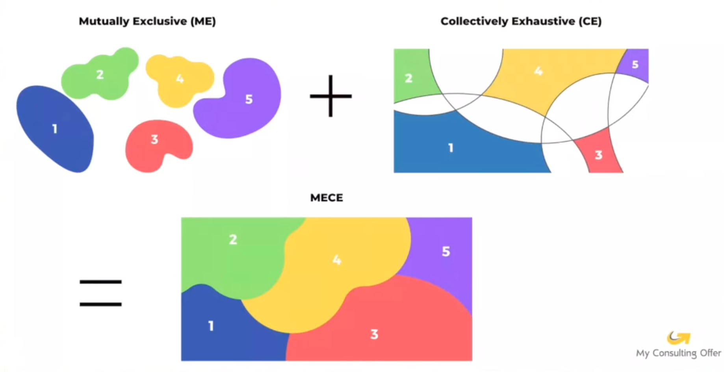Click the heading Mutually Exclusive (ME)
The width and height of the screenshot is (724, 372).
(147, 21)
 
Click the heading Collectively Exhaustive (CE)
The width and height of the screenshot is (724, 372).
(521, 21)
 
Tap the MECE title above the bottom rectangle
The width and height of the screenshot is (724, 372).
(326, 198)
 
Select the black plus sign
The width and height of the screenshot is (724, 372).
(330, 96)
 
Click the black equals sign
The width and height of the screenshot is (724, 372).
(100, 293)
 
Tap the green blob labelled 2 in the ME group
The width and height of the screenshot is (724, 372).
(100, 75)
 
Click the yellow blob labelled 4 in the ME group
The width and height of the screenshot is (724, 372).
(180, 79)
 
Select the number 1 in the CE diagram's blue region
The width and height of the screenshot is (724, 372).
(451, 148)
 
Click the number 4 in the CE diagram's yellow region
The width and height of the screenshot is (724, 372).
(538, 71)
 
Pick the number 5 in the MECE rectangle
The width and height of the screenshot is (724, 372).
(446, 251)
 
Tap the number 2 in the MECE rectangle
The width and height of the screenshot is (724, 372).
(233, 239)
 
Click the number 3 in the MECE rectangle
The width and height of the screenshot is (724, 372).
(374, 334)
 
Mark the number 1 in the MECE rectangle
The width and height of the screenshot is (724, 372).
(211, 326)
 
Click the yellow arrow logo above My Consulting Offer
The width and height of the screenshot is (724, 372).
(678, 338)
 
